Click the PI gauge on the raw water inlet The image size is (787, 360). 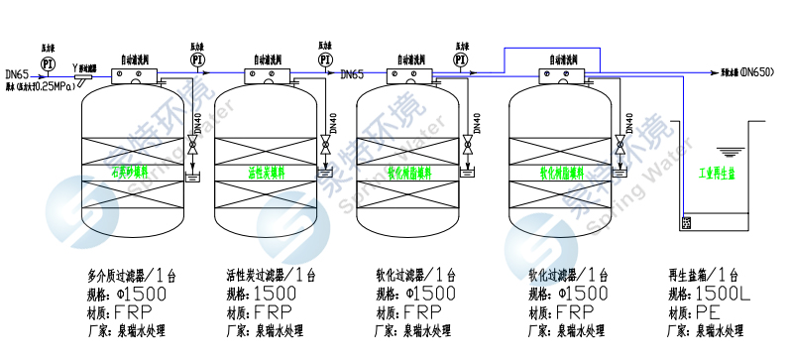point(47,63)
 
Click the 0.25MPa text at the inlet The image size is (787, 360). point(51,86)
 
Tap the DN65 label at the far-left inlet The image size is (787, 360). point(17,73)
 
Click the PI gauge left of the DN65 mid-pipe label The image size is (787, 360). point(325,60)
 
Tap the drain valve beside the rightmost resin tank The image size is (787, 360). point(623,150)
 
